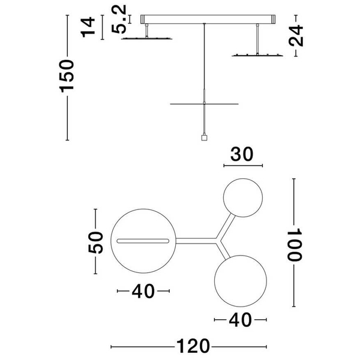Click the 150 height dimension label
67,76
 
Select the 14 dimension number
88,27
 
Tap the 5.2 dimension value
119,19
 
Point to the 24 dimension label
296,36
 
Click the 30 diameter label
242,154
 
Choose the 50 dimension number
95,242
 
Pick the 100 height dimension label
294,245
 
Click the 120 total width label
193,346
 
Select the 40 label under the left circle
143,291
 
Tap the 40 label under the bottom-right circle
241,320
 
